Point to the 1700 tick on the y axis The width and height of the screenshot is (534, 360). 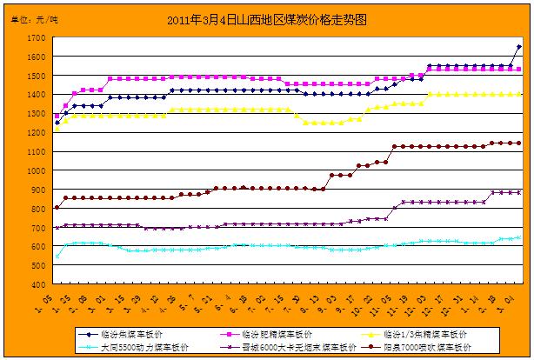click(x=37, y=38)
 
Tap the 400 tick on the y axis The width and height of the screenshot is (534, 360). click(x=40, y=285)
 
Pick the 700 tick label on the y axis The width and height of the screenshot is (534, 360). click(x=40, y=228)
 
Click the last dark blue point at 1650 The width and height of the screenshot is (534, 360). click(x=519, y=47)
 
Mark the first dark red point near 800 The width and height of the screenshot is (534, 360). click(x=57, y=207)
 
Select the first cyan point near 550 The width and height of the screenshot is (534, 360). click(x=57, y=256)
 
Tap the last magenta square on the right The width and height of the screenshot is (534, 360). click(x=519, y=70)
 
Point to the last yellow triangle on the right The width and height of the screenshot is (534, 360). click(x=519, y=94)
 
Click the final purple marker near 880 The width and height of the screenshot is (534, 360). click(x=519, y=192)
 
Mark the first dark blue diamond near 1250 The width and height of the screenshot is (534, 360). click(x=57, y=123)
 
